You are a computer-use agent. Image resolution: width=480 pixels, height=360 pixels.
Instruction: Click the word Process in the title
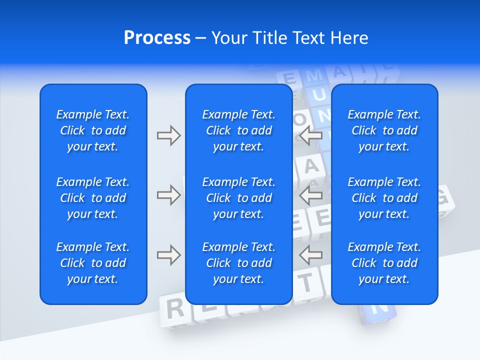(x=157, y=38)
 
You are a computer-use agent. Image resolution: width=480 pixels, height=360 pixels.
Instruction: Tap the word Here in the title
(x=349, y=38)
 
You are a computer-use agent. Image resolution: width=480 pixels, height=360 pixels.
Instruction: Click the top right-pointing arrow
(x=168, y=135)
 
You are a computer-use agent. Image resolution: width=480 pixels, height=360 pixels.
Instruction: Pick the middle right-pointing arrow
(x=168, y=195)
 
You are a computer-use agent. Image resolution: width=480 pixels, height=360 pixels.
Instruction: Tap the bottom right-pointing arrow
(x=168, y=255)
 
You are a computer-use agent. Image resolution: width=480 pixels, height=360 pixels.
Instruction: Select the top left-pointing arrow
(x=311, y=135)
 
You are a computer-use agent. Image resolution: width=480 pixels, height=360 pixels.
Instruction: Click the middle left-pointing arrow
(x=311, y=195)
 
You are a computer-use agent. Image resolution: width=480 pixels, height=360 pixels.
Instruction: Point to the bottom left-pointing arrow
(x=311, y=255)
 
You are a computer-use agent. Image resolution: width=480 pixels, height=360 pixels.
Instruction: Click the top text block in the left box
(x=93, y=130)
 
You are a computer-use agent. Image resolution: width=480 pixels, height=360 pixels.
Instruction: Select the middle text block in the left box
(x=93, y=198)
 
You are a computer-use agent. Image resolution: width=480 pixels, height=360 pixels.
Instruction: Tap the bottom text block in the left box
(x=93, y=263)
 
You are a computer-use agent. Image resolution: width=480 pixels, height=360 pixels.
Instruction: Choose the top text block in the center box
(x=238, y=130)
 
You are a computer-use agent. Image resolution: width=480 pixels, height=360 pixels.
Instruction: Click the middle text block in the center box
(x=238, y=198)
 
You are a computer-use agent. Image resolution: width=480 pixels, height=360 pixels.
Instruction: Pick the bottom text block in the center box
(x=238, y=263)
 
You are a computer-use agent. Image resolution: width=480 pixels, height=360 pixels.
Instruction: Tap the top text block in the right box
(x=384, y=130)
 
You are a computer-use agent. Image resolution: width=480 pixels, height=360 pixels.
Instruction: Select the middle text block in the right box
(x=384, y=198)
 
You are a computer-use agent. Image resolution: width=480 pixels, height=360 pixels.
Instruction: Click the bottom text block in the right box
(x=384, y=263)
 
